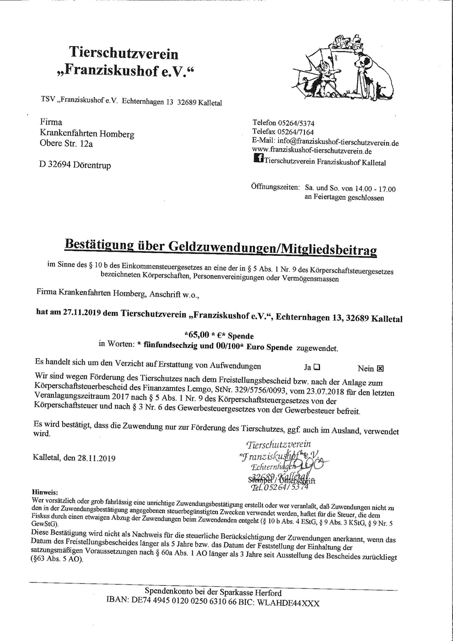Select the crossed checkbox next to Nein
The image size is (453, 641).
380,368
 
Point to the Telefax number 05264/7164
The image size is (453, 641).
296,132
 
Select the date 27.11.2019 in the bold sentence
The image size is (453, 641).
81,313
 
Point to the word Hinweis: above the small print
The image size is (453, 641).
45,492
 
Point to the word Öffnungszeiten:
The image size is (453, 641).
275,187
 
